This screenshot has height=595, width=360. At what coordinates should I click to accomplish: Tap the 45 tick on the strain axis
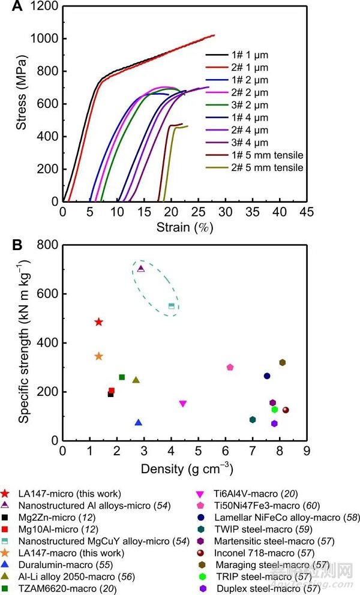(307, 212)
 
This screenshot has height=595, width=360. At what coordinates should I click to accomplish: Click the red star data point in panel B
(98, 322)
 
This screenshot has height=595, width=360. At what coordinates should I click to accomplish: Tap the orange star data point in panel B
(98, 356)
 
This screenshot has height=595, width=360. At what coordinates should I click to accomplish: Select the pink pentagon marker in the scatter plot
(230, 367)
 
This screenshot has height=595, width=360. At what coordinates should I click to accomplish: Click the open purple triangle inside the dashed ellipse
(141, 269)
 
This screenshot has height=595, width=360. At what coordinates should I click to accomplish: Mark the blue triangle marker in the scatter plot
(139, 422)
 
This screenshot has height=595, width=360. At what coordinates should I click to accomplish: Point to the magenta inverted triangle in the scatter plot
(183, 404)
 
